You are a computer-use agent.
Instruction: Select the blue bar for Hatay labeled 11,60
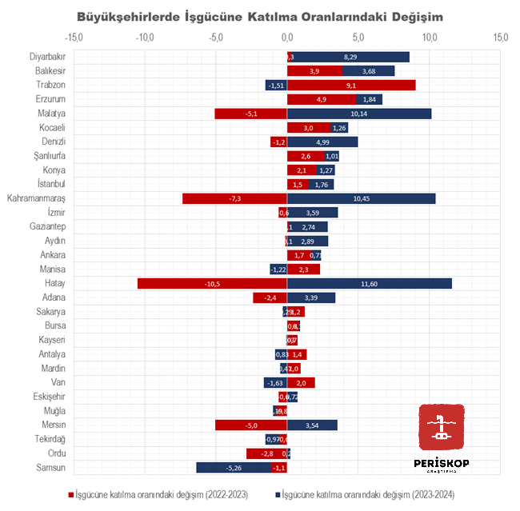370,283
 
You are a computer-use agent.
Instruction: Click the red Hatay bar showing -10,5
212,283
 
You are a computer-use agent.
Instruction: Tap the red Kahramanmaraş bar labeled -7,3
234,198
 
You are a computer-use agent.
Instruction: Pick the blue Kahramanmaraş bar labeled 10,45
362,198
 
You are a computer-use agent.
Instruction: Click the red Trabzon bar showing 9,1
351,85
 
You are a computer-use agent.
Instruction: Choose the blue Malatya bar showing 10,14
359,114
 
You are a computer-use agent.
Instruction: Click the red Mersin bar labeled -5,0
251,425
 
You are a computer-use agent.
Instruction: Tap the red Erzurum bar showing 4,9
322,99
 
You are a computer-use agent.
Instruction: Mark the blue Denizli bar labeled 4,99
323,142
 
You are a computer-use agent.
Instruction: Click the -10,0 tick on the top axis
145,37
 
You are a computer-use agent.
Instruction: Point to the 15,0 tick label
501,37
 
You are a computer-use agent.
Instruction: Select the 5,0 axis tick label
358,37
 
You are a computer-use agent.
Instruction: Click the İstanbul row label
52,184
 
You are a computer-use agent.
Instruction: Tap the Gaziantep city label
47,226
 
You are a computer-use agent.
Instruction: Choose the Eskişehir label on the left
49,396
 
